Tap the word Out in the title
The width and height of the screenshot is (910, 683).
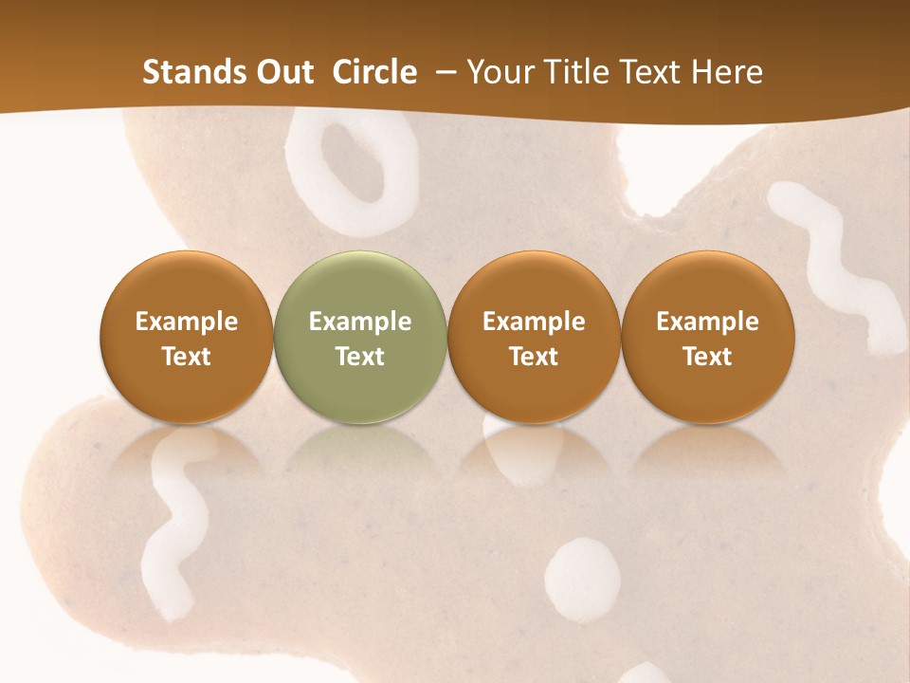(283, 72)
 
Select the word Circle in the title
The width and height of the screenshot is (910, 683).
(374, 72)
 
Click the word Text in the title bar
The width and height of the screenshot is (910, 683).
(650, 72)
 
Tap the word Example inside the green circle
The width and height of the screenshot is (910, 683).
(360, 322)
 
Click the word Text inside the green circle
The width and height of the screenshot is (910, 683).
(360, 357)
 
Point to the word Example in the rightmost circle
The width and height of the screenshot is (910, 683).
(708, 322)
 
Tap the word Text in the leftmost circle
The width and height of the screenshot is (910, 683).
(186, 357)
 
